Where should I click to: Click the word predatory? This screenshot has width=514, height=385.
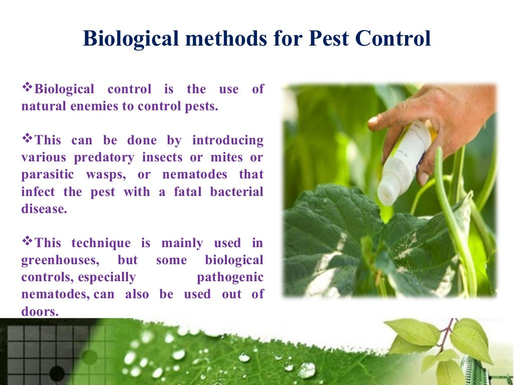pos(104,157)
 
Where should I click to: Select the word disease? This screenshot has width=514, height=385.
pos(44,209)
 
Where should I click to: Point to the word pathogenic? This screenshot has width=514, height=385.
pos(230,277)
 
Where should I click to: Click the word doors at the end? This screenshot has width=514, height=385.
pos(39,311)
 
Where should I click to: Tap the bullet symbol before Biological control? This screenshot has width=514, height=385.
pos(27,88)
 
